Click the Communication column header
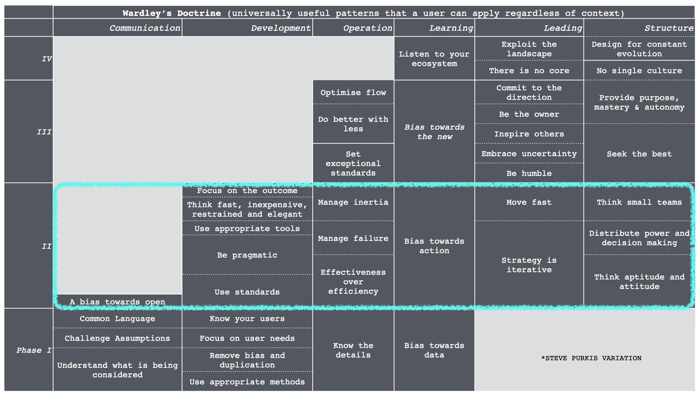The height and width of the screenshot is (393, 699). pos(145,28)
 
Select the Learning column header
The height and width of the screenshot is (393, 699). pos(451,28)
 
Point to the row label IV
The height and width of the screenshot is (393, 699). pos(47,59)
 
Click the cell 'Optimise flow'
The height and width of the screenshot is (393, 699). pos(353,92)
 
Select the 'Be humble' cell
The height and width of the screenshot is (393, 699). pos(529,173)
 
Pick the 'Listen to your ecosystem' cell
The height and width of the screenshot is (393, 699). pos(434,59)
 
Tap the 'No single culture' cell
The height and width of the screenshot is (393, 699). pos(639,71)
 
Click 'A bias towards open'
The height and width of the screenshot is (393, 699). pos(117,302)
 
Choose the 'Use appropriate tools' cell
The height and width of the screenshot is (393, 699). pos(247,229)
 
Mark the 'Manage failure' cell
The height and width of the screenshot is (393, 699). pos(353,238)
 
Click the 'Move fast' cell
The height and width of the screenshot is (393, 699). pos(529,202)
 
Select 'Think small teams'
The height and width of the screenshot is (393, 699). pos(639,202)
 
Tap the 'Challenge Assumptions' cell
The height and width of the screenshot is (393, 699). pos(117,338)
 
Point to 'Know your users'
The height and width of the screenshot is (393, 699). pos(247,318)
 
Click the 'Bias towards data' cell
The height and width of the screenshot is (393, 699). pos(434,350)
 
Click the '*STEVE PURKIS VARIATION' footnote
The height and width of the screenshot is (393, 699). pos(591,358)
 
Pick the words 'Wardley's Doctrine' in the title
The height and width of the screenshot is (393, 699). pos(171,13)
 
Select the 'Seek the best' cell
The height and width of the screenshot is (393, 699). pos(639,154)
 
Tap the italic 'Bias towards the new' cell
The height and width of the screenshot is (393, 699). pos(434,132)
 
